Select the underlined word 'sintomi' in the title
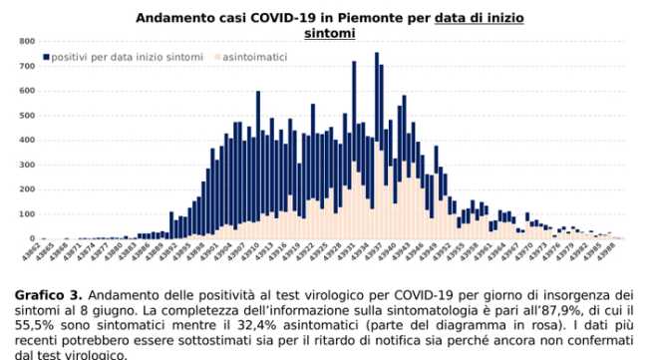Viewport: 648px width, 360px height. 328,33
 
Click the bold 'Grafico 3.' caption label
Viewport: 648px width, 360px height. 48,295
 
